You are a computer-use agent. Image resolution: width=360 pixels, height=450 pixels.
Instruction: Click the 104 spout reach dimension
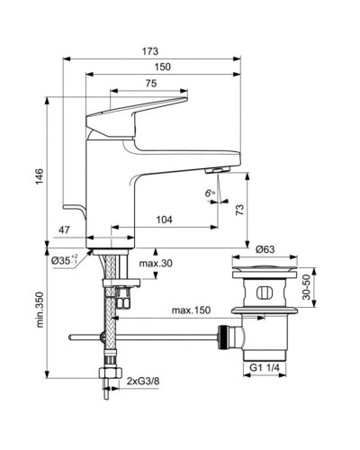165,219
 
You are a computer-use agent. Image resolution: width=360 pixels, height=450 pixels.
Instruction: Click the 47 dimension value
63,231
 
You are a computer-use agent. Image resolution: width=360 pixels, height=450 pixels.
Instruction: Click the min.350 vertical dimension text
38,315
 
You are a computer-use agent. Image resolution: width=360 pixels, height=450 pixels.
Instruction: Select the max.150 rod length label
192,310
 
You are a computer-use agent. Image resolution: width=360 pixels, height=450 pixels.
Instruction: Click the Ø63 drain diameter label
265,248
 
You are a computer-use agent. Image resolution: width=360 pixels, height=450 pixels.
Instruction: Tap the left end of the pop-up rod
72,338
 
